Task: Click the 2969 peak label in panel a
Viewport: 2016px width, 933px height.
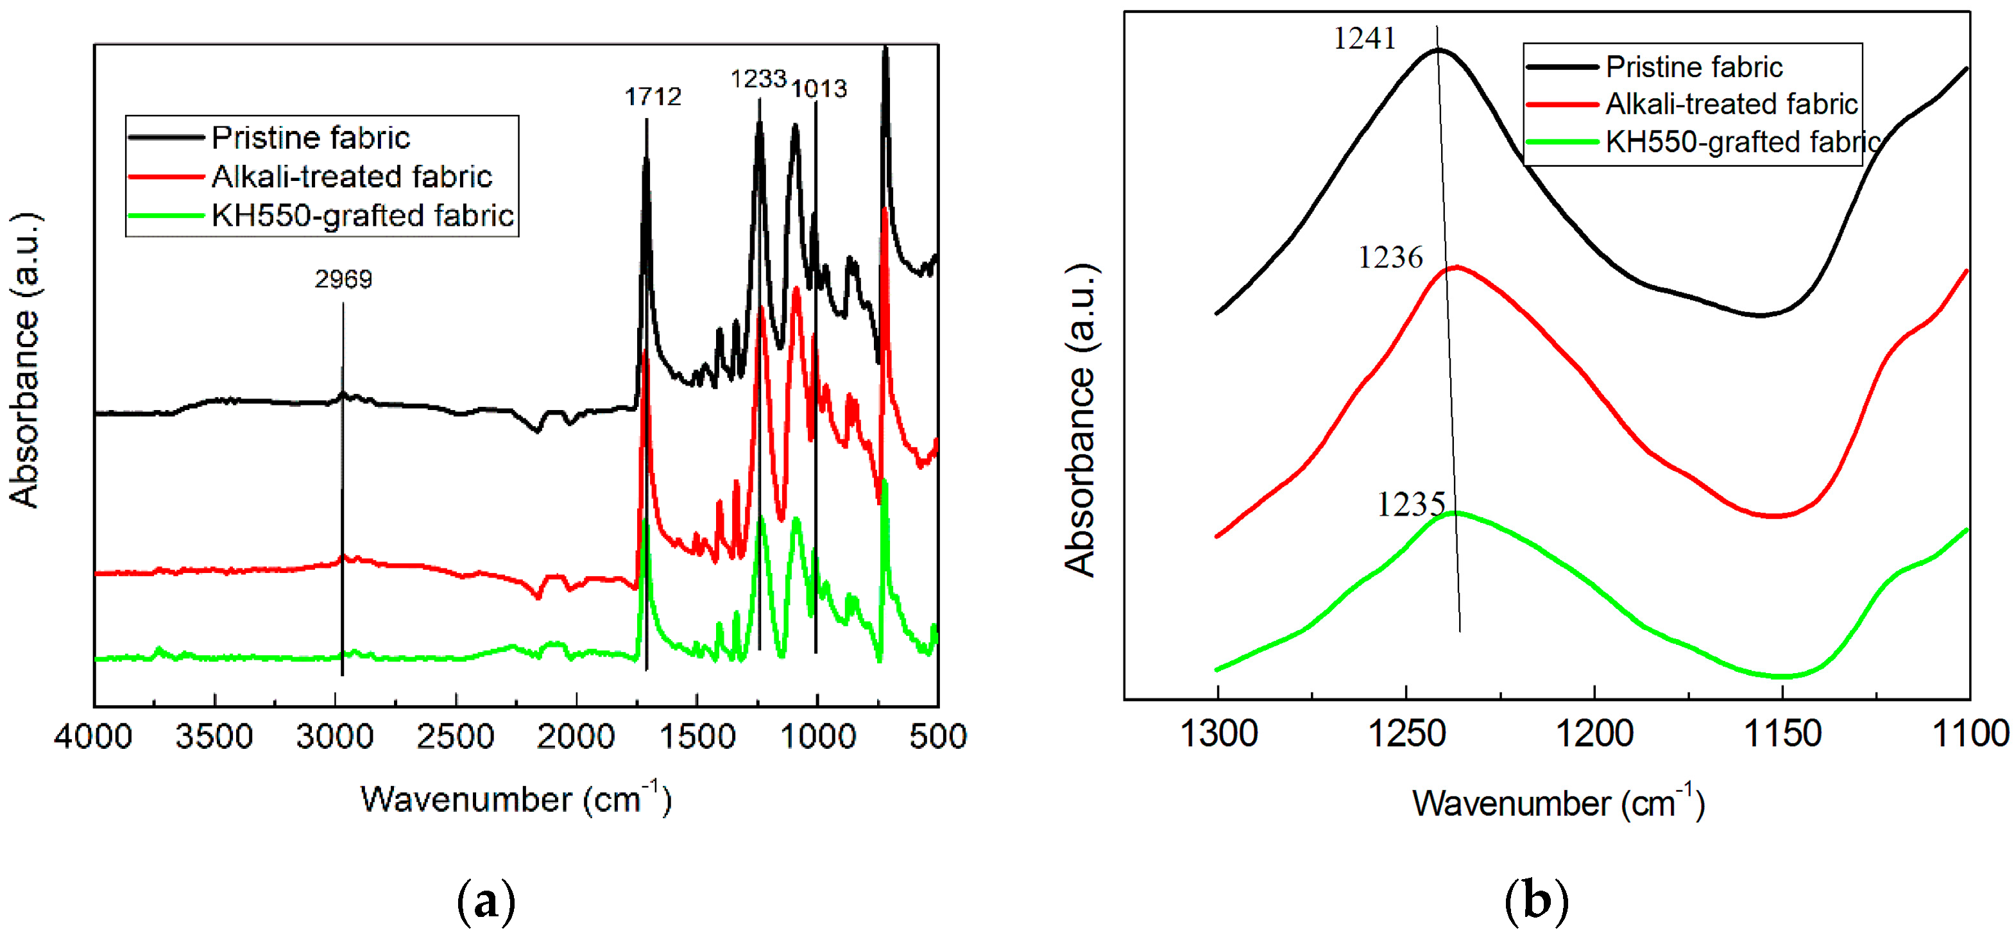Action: [343, 279]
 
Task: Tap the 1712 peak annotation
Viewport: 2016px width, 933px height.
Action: [653, 97]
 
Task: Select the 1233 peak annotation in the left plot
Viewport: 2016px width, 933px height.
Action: [758, 79]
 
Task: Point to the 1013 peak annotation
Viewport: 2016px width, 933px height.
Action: [819, 89]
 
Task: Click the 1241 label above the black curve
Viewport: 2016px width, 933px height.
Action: [1364, 39]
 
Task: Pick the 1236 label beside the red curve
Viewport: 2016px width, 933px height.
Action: [1390, 257]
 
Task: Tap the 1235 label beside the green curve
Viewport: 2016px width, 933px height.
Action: [1410, 505]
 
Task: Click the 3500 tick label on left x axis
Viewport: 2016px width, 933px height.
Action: [214, 737]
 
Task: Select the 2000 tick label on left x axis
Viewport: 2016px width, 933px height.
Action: [576, 737]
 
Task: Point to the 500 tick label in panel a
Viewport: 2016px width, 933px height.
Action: [937, 737]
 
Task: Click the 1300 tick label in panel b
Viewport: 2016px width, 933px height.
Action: [1218, 734]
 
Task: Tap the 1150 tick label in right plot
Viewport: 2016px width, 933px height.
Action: [1783, 734]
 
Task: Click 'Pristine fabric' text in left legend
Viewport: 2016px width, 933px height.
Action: [311, 138]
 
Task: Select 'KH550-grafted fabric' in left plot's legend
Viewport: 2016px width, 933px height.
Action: [363, 215]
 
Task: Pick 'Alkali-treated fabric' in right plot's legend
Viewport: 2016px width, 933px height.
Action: [1731, 104]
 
